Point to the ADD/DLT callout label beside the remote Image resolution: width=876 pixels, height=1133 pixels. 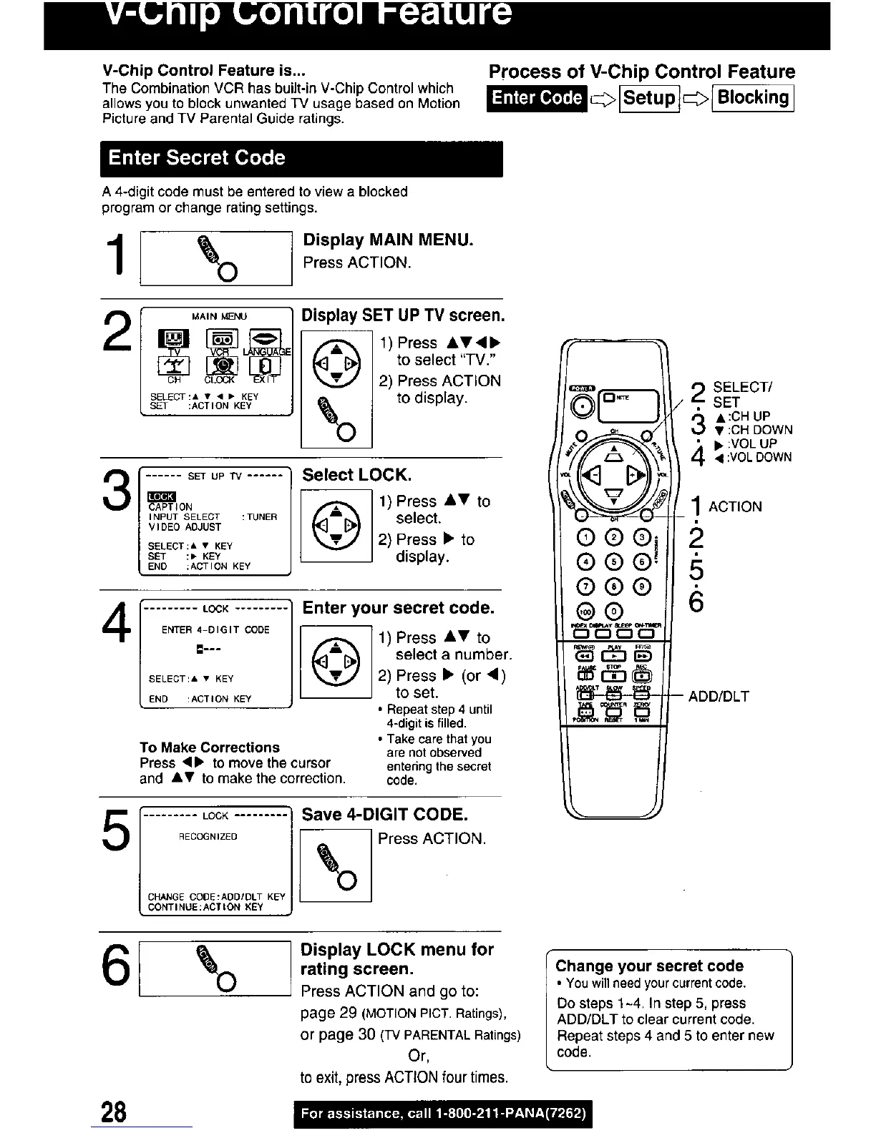719,696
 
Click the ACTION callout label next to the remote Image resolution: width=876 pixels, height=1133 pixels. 735,507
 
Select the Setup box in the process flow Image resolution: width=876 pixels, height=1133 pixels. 649,98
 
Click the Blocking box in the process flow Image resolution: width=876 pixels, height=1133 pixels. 753,98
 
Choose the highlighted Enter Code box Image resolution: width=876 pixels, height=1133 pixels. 537,98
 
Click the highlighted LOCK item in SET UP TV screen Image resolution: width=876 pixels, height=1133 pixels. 161,496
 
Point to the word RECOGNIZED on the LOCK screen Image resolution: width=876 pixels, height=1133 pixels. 208,836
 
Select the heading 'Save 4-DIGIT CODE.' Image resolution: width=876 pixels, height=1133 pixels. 385,815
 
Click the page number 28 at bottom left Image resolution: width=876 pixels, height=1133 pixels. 113,1112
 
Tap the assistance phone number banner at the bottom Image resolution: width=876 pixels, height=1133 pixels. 443,1113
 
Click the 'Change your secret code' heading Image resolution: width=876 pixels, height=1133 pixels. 649,966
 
